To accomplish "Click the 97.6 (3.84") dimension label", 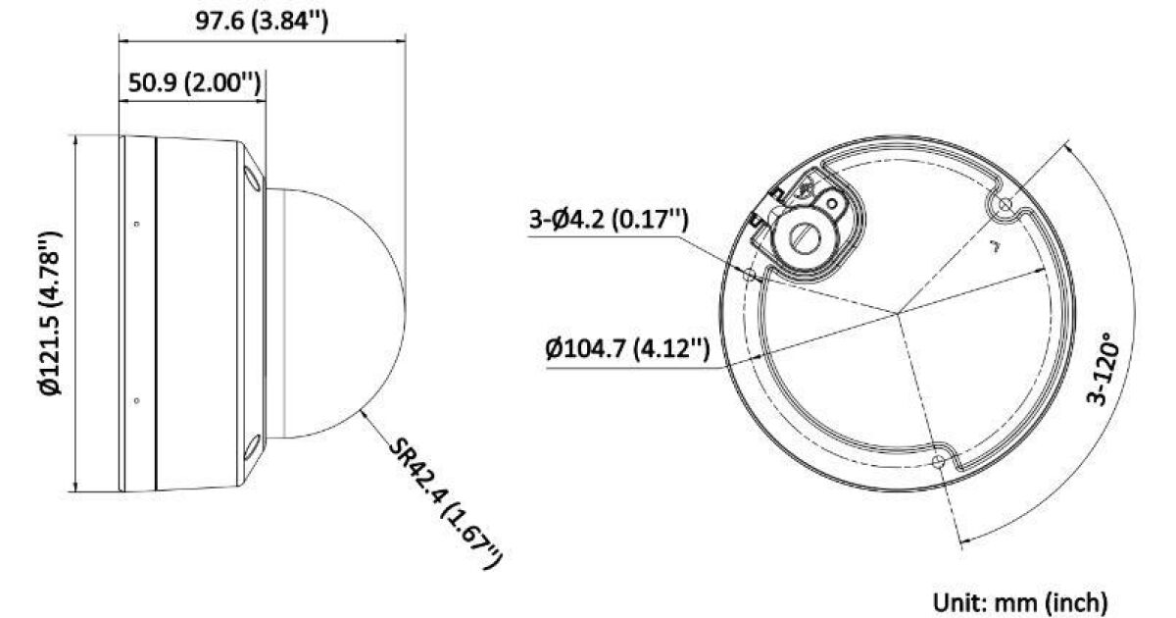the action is click(262, 21).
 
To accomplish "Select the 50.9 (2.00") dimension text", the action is click(194, 82).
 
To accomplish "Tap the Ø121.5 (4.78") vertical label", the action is click(51, 313).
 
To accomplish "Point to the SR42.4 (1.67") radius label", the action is click(445, 503).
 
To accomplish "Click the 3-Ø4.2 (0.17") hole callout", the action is click(608, 219).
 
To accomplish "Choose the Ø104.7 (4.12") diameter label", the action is click(627, 348).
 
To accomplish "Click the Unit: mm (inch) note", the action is click(1020, 602).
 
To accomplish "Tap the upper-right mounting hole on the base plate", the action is click(1004, 204).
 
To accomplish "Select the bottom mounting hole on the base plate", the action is click(938, 462).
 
